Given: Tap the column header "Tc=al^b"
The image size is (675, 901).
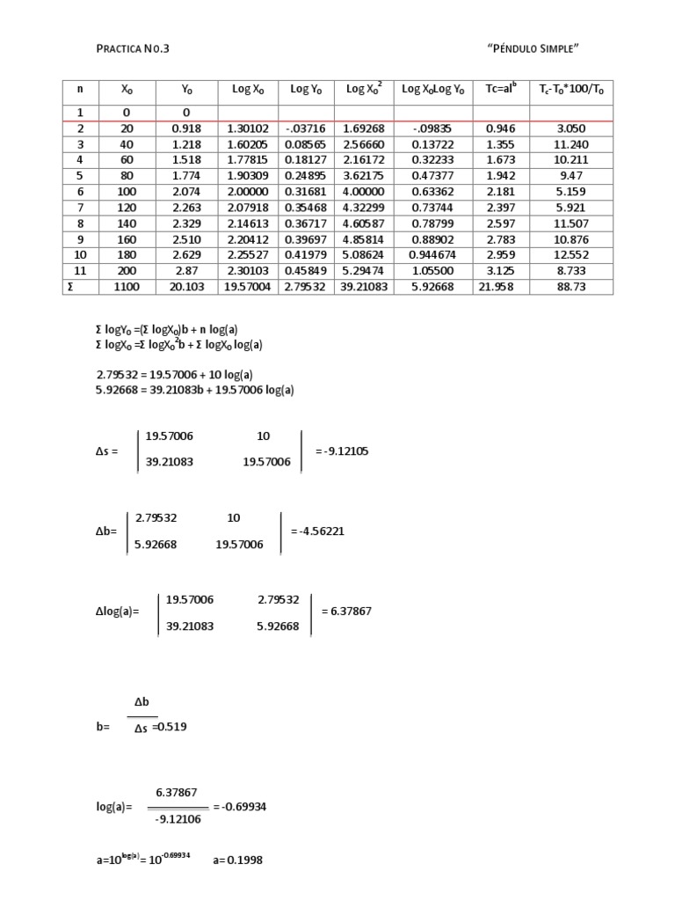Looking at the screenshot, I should point(501,89).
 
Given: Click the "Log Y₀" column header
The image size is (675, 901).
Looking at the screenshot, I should point(306,89).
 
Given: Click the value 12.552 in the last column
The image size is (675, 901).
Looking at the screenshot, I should point(571,255).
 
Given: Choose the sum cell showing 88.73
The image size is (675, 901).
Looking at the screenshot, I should point(571,287).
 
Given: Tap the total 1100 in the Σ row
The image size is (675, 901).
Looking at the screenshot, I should point(126,287).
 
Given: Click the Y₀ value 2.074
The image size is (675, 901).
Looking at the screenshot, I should point(186,192).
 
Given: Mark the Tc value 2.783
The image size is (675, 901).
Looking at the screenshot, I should point(501,239).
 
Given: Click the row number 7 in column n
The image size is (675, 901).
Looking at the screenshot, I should point(80,208).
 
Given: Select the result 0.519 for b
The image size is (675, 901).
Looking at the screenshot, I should point(173,727).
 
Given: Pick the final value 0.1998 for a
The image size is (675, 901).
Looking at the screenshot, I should point(245,861).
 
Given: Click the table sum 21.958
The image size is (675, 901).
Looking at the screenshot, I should point(501,287).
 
